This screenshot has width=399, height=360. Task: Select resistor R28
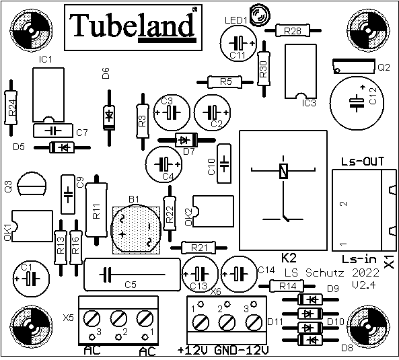pyautogui.click(x=293, y=30)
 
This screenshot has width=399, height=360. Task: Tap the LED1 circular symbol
pyautogui.click(x=260, y=15)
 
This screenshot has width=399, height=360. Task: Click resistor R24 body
pyautogui.click(x=11, y=108)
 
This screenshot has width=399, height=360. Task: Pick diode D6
pyautogui.click(x=110, y=118)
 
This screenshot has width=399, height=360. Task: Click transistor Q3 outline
pyautogui.click(x=32, y=184)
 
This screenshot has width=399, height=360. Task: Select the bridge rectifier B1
pyautogui.click(x=136, y=229)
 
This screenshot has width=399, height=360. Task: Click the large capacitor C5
pyautogui.click(x=132, y=275)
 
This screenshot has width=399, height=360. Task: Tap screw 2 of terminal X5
pyautogui.click(x=118, y=318)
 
